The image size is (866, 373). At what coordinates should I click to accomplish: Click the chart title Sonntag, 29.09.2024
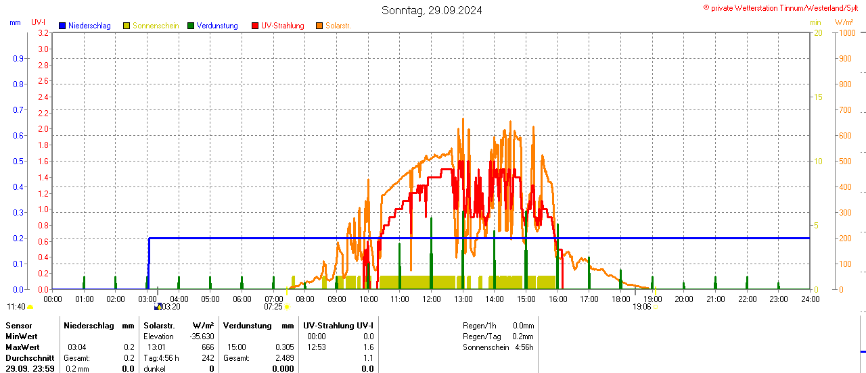pos(432,10)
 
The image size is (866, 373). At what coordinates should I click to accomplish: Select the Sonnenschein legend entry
pos(155,26)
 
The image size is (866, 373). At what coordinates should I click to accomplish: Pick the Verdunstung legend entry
pos(217,26)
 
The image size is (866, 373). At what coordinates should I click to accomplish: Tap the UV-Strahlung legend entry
pos(282,26)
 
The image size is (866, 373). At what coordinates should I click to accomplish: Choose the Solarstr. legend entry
pos(338,26)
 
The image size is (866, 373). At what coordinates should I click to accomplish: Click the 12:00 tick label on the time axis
pos(431,299)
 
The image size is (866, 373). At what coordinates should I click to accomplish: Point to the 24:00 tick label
pos(810,299)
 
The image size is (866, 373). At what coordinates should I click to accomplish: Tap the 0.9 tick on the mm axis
pos(18,58)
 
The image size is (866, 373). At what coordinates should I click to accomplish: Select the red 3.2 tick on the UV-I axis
pos(43,32)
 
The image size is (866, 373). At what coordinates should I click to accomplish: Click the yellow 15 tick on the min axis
pos(818,97)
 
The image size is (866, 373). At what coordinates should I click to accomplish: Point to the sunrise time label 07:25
pos(273,306)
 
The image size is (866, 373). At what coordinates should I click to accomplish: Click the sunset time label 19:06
pos(641,306)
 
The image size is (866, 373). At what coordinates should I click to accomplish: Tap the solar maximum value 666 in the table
pos(208,347)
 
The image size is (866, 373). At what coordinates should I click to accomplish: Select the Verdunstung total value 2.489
pos(284,358)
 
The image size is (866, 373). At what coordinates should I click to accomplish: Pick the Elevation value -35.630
pos(202,337)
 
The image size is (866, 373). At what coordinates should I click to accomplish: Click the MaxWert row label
pos(22,347)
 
